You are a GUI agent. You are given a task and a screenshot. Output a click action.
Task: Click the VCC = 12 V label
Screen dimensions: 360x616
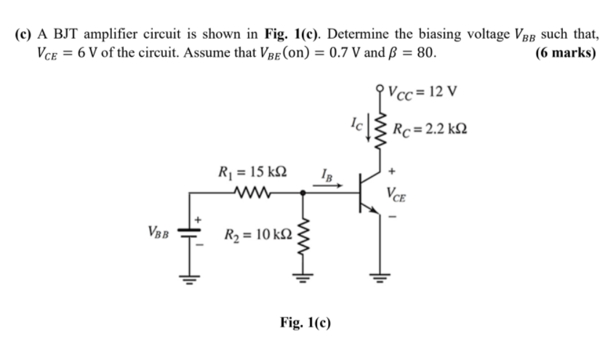point(421,92)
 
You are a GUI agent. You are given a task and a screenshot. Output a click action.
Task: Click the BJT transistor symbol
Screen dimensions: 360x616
point(367,193)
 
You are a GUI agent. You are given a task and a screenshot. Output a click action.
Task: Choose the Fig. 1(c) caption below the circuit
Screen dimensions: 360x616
point(305,322)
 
